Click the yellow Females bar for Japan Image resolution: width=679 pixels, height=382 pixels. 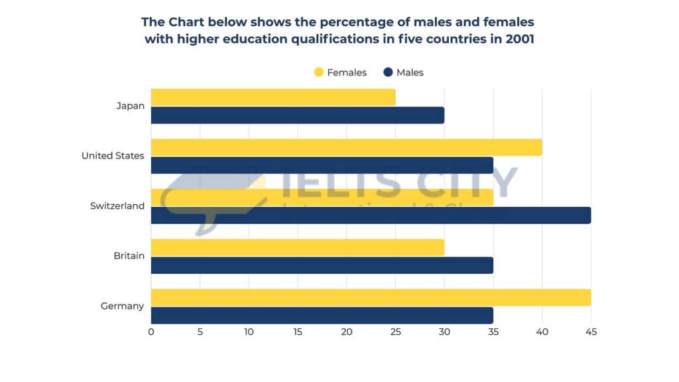pos(273,97)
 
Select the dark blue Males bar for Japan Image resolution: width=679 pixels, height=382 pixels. pos(297,115)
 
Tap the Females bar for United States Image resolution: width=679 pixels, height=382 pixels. pos(346,147)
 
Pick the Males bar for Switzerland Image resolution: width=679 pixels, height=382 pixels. pos(371,216)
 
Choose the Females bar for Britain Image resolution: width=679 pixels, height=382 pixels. pos(297,247)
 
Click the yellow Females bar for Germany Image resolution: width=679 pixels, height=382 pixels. pos(371,298)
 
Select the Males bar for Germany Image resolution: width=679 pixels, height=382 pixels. pos(322,316)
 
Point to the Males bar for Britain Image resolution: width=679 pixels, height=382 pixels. pos(322,265)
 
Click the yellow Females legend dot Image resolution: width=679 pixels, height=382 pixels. pos(319,72)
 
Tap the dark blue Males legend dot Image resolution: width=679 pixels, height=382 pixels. pos(388,72)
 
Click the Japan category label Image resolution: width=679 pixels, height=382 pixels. pos(130,105)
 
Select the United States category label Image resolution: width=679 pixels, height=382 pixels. pos(113,156)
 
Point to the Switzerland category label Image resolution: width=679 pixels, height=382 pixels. pos(117,206)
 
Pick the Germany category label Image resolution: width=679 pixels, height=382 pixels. pos(122,306)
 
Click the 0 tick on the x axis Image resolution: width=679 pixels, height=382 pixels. pos(151,332)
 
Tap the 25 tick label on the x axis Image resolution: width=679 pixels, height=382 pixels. pos(395,332)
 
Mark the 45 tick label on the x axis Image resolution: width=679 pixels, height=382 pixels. pos(591,332)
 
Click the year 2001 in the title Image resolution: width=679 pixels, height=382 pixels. pos(518,39)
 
